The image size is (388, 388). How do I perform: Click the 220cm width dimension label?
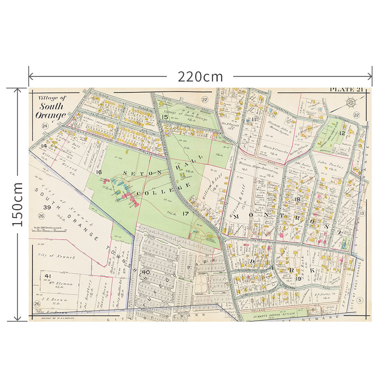[200, 77]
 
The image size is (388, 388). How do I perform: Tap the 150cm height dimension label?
[17, 204]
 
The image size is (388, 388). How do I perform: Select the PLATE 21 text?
[346, 90]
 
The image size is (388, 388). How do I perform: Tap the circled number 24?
[45, 126]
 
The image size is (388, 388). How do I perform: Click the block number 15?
[165, 117]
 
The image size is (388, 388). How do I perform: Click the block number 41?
[48, 276]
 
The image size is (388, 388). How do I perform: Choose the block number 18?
[298, 199]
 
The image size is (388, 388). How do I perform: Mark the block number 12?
[342, 133]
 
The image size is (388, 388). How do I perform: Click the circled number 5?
[360, 300]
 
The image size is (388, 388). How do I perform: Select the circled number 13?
[362, 213]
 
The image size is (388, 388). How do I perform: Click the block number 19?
[298, 279]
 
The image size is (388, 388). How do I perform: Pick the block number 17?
[185, 213]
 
